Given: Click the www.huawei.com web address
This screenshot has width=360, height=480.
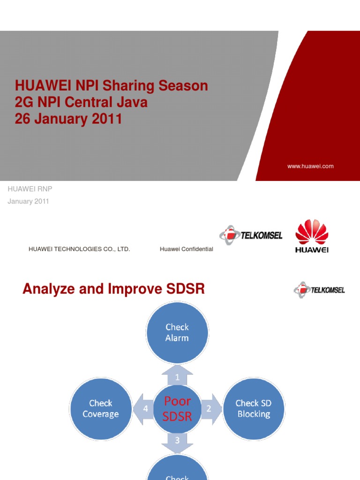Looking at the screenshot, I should (310, 166).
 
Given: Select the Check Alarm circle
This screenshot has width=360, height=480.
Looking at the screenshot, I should (177, 332).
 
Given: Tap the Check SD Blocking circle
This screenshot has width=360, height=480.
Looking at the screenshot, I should (253, 408).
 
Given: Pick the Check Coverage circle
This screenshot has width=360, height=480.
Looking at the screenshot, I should (100, 408).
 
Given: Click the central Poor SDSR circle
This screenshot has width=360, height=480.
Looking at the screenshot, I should (177, 408).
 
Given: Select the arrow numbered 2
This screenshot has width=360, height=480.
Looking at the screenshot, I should (210, 408).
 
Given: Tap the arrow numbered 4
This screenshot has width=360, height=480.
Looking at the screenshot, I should (144, 408).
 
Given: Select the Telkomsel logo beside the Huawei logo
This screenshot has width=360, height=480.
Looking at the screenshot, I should (251, 235).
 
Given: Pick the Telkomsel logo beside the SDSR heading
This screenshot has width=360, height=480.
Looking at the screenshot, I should (319, 290).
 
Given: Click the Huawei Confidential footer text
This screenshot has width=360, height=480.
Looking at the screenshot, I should (186, 249).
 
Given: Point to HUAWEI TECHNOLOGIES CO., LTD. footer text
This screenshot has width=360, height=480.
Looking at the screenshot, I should (79, 249).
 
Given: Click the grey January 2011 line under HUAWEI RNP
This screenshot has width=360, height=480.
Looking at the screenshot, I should (28, 201).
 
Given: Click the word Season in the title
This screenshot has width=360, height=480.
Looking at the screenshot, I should (183, 86).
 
